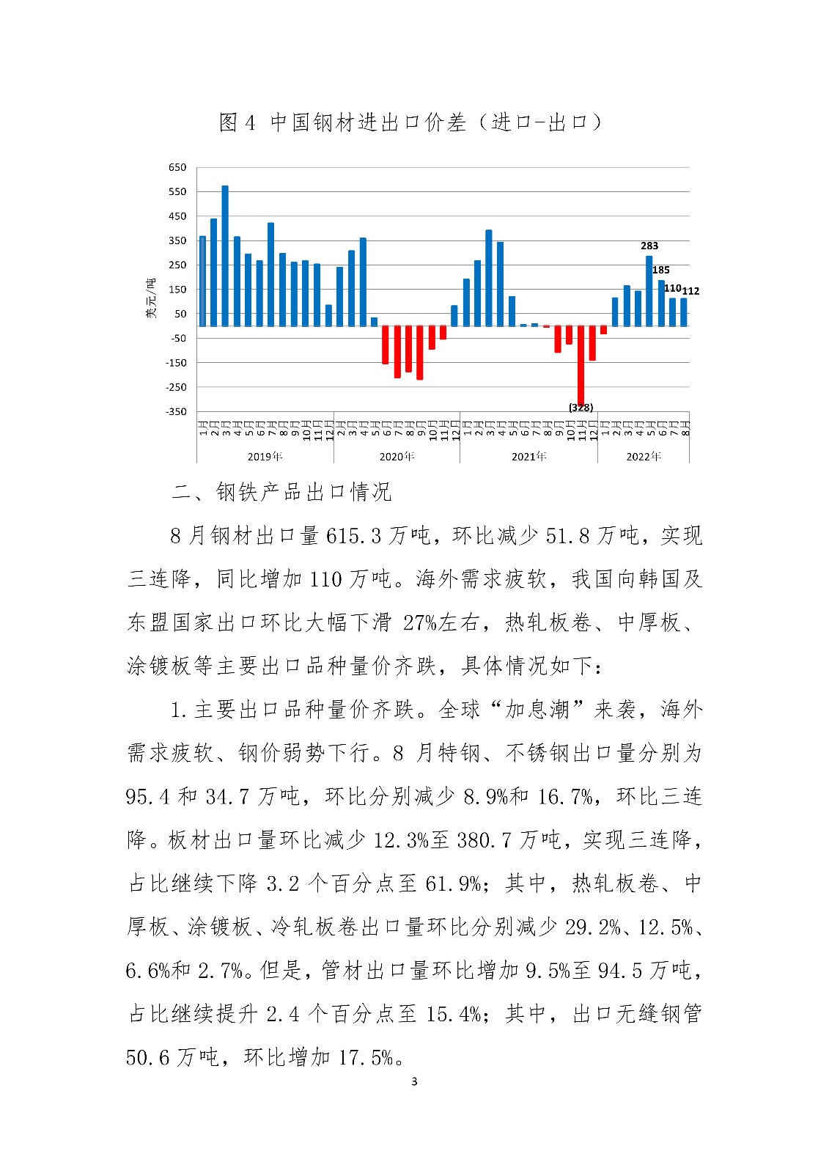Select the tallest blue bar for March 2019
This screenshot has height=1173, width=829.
(225, 257)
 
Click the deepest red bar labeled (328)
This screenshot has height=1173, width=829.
(581, 365)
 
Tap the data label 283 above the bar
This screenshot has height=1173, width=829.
(649, 246)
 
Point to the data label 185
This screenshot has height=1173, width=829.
(661, 270)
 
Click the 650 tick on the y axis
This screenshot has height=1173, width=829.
(177, 167)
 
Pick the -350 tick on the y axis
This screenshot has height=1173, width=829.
(176, 411)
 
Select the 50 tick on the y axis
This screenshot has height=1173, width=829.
(180, 314)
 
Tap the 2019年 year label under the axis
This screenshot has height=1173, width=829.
(265, 456)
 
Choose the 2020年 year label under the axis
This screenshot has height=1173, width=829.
(397, 456)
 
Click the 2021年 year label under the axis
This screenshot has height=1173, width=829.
(528, 456)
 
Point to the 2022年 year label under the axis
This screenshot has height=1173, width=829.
(644, 456)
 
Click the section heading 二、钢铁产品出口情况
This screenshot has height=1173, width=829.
(282, 492)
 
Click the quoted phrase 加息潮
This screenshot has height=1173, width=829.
(539, 710)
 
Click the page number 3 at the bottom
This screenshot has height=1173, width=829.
(414, 1081)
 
